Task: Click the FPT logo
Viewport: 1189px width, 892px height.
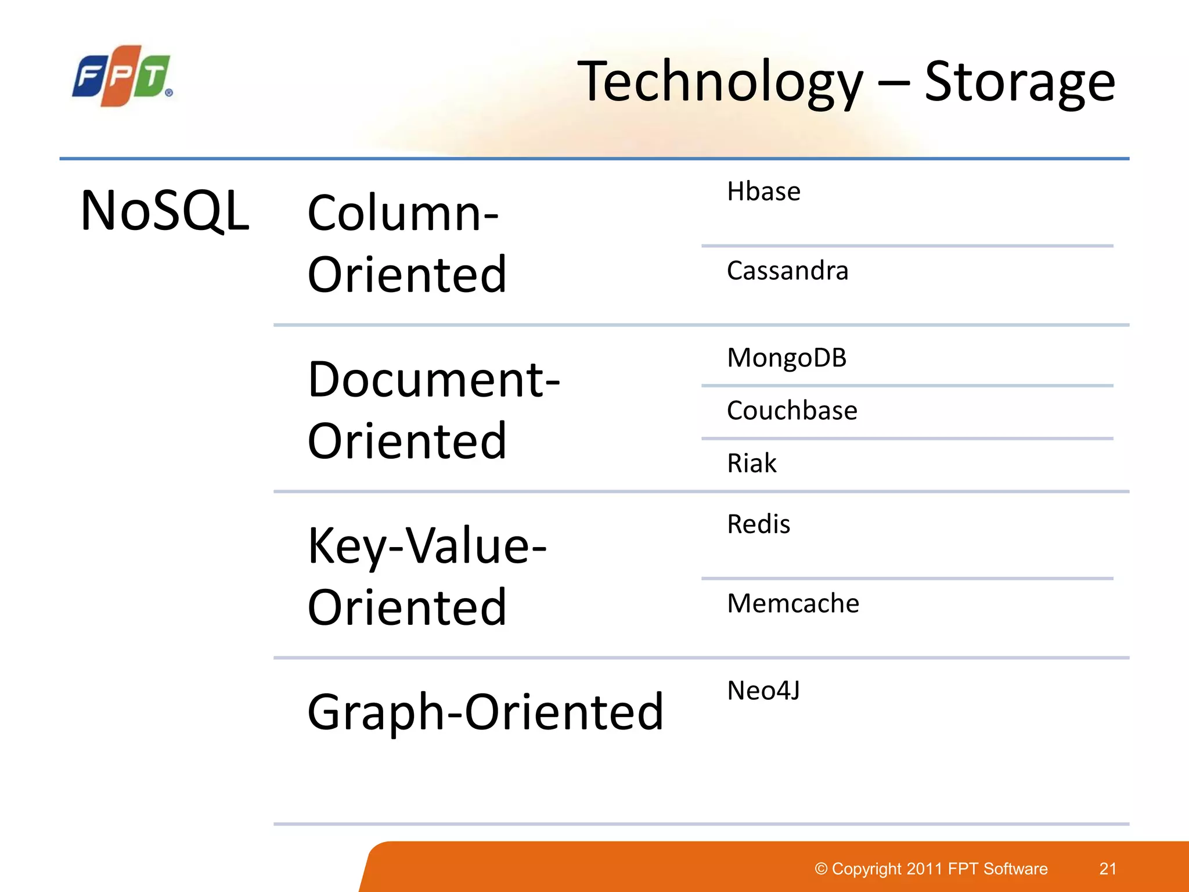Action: (122, 76)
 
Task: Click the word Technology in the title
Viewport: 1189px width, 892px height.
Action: (720, 82)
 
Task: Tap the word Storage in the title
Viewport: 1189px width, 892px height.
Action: (1019, 82)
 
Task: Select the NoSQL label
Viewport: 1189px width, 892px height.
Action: (165, 211)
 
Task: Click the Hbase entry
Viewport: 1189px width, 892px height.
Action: (763, 192)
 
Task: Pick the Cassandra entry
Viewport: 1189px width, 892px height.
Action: (787, 271)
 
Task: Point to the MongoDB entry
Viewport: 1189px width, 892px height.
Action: (787, 358)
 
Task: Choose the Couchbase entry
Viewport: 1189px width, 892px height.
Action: (792, 411)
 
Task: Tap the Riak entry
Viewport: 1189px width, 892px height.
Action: (752, 463)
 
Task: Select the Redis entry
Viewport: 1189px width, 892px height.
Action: (758, 524)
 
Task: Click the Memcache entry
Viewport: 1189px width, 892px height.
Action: (793, 603)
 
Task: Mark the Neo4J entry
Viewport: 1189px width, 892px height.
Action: (763, 690)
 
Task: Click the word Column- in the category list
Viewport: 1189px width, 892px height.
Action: (403, 214)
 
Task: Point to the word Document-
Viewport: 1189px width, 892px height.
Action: (434, 380)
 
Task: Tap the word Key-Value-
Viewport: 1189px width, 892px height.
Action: (427, 546)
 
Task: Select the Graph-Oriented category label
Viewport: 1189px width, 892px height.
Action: (485, 712)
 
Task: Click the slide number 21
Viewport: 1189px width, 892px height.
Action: (1108, 869)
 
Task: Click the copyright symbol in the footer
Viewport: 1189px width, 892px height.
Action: (821, 869)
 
